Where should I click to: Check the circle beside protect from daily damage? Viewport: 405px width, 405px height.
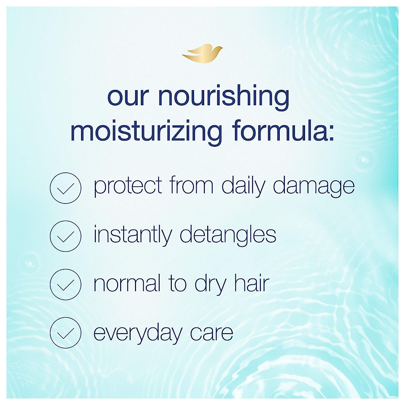(x=65, y=188)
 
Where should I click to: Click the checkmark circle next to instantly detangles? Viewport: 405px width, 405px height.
(x=65, y=236)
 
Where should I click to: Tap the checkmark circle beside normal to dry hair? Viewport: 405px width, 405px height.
(x=65, y=285)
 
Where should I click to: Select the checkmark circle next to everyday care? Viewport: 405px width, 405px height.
(x=65, y=333)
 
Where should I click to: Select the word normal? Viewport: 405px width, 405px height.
(x=127, y=283)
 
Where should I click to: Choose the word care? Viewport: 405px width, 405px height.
(x=212, y=332)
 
